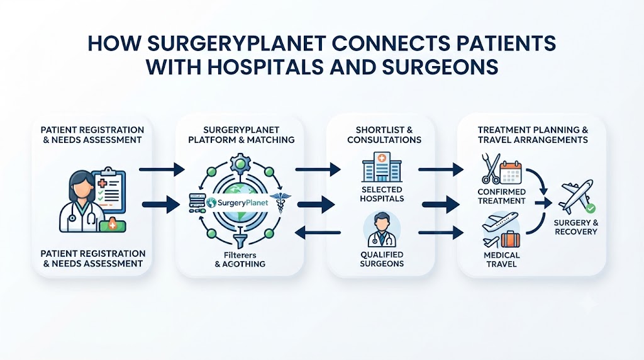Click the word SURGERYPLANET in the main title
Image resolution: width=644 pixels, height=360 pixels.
point(236,43)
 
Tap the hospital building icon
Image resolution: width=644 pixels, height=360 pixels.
point(382,167)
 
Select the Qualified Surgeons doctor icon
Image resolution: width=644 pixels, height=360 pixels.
point(382,230)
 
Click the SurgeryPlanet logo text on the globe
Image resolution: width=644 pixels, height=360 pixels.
point(238,203)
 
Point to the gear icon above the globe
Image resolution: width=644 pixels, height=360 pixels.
point(240,164)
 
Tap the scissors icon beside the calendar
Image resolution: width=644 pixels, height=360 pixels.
point(491,169)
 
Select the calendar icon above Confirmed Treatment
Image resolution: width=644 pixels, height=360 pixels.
point(511,172)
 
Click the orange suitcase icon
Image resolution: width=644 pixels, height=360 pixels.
point(511,240)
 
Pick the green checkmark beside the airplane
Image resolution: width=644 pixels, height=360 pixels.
point(590,208)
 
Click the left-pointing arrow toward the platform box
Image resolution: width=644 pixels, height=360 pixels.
point(318,233)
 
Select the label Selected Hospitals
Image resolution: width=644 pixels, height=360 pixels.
point(382,194)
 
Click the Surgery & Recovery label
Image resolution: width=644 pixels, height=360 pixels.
point(576,227)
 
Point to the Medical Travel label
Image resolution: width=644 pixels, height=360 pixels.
point(501,259)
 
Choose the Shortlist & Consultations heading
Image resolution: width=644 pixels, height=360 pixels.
point(384,135)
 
